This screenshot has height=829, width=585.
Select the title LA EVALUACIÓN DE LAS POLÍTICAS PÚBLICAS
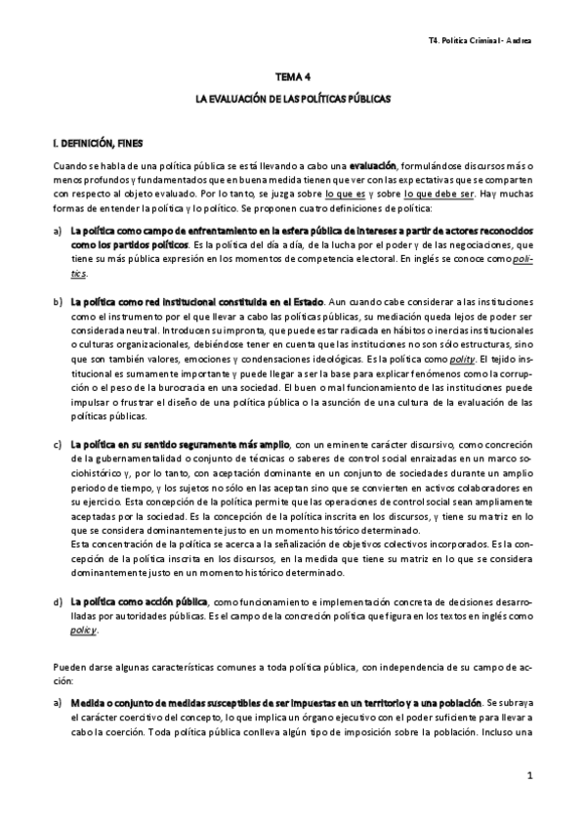292,99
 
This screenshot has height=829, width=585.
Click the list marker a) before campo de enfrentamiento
58,230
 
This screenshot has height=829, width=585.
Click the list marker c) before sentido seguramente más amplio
58,445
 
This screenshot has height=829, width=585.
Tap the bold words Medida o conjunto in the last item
109,703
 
